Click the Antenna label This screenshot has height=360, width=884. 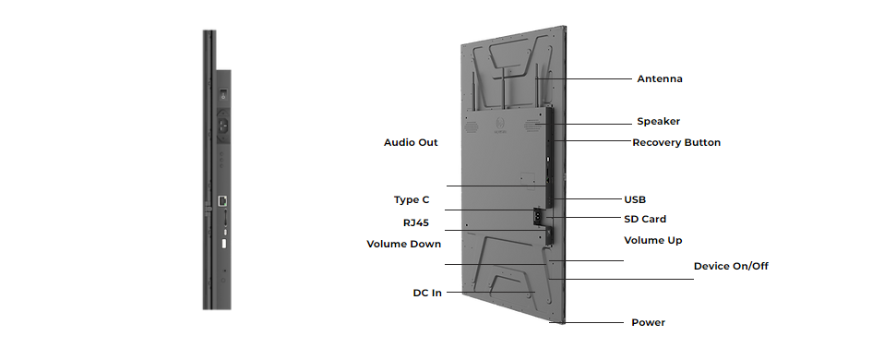point(659,79)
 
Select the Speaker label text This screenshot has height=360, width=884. point(659,121)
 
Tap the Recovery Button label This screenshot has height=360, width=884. point(676,143)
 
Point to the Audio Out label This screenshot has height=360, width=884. point(411,143)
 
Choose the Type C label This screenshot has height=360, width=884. point(411,200)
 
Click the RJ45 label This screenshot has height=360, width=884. point(416,222)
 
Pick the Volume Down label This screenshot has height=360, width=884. point(403,245)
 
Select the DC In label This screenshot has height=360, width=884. point(427,294)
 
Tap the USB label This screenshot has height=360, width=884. point(635,199)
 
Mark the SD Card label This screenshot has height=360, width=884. point(645,219)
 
